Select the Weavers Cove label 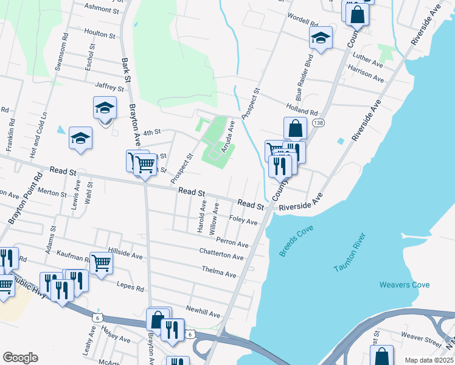tap(404, 285)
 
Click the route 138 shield tap(318, 123)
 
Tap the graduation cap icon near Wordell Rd tap(321, 39)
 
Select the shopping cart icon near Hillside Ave tap(101, 263)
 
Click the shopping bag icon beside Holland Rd tap(295, 129)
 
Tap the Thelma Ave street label tap(218, 272)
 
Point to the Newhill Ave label tap(203, 312)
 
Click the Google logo tap(20, 358)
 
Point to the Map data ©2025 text tap(429, 360)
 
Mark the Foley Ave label tap(243, 220)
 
